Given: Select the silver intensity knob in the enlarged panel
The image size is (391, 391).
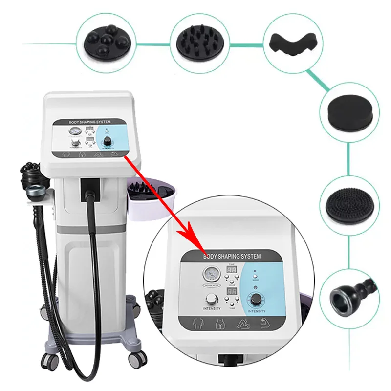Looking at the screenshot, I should click(212, 299).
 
